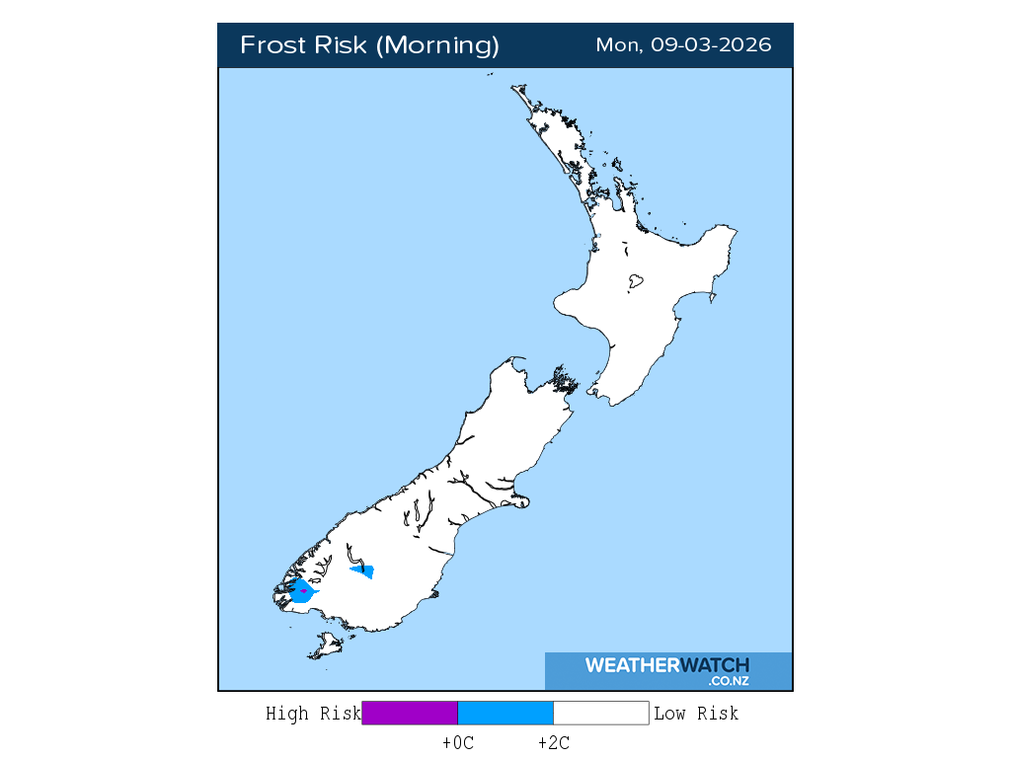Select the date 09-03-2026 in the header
pos(711,45)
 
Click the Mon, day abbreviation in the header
pos(619,45)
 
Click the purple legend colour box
pos(410,713)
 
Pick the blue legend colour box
pos(505,713)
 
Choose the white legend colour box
pos(600,713)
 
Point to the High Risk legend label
pos(313,714)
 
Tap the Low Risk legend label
pos(696,714)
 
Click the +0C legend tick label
pos(458,743)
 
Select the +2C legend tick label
pos(554,743)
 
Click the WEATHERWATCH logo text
pos(666,665)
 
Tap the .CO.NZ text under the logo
pos(728,681)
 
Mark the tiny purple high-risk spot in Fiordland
pos(303,590)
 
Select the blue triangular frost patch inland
pos(363,570)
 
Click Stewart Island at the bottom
pos(325,647)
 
